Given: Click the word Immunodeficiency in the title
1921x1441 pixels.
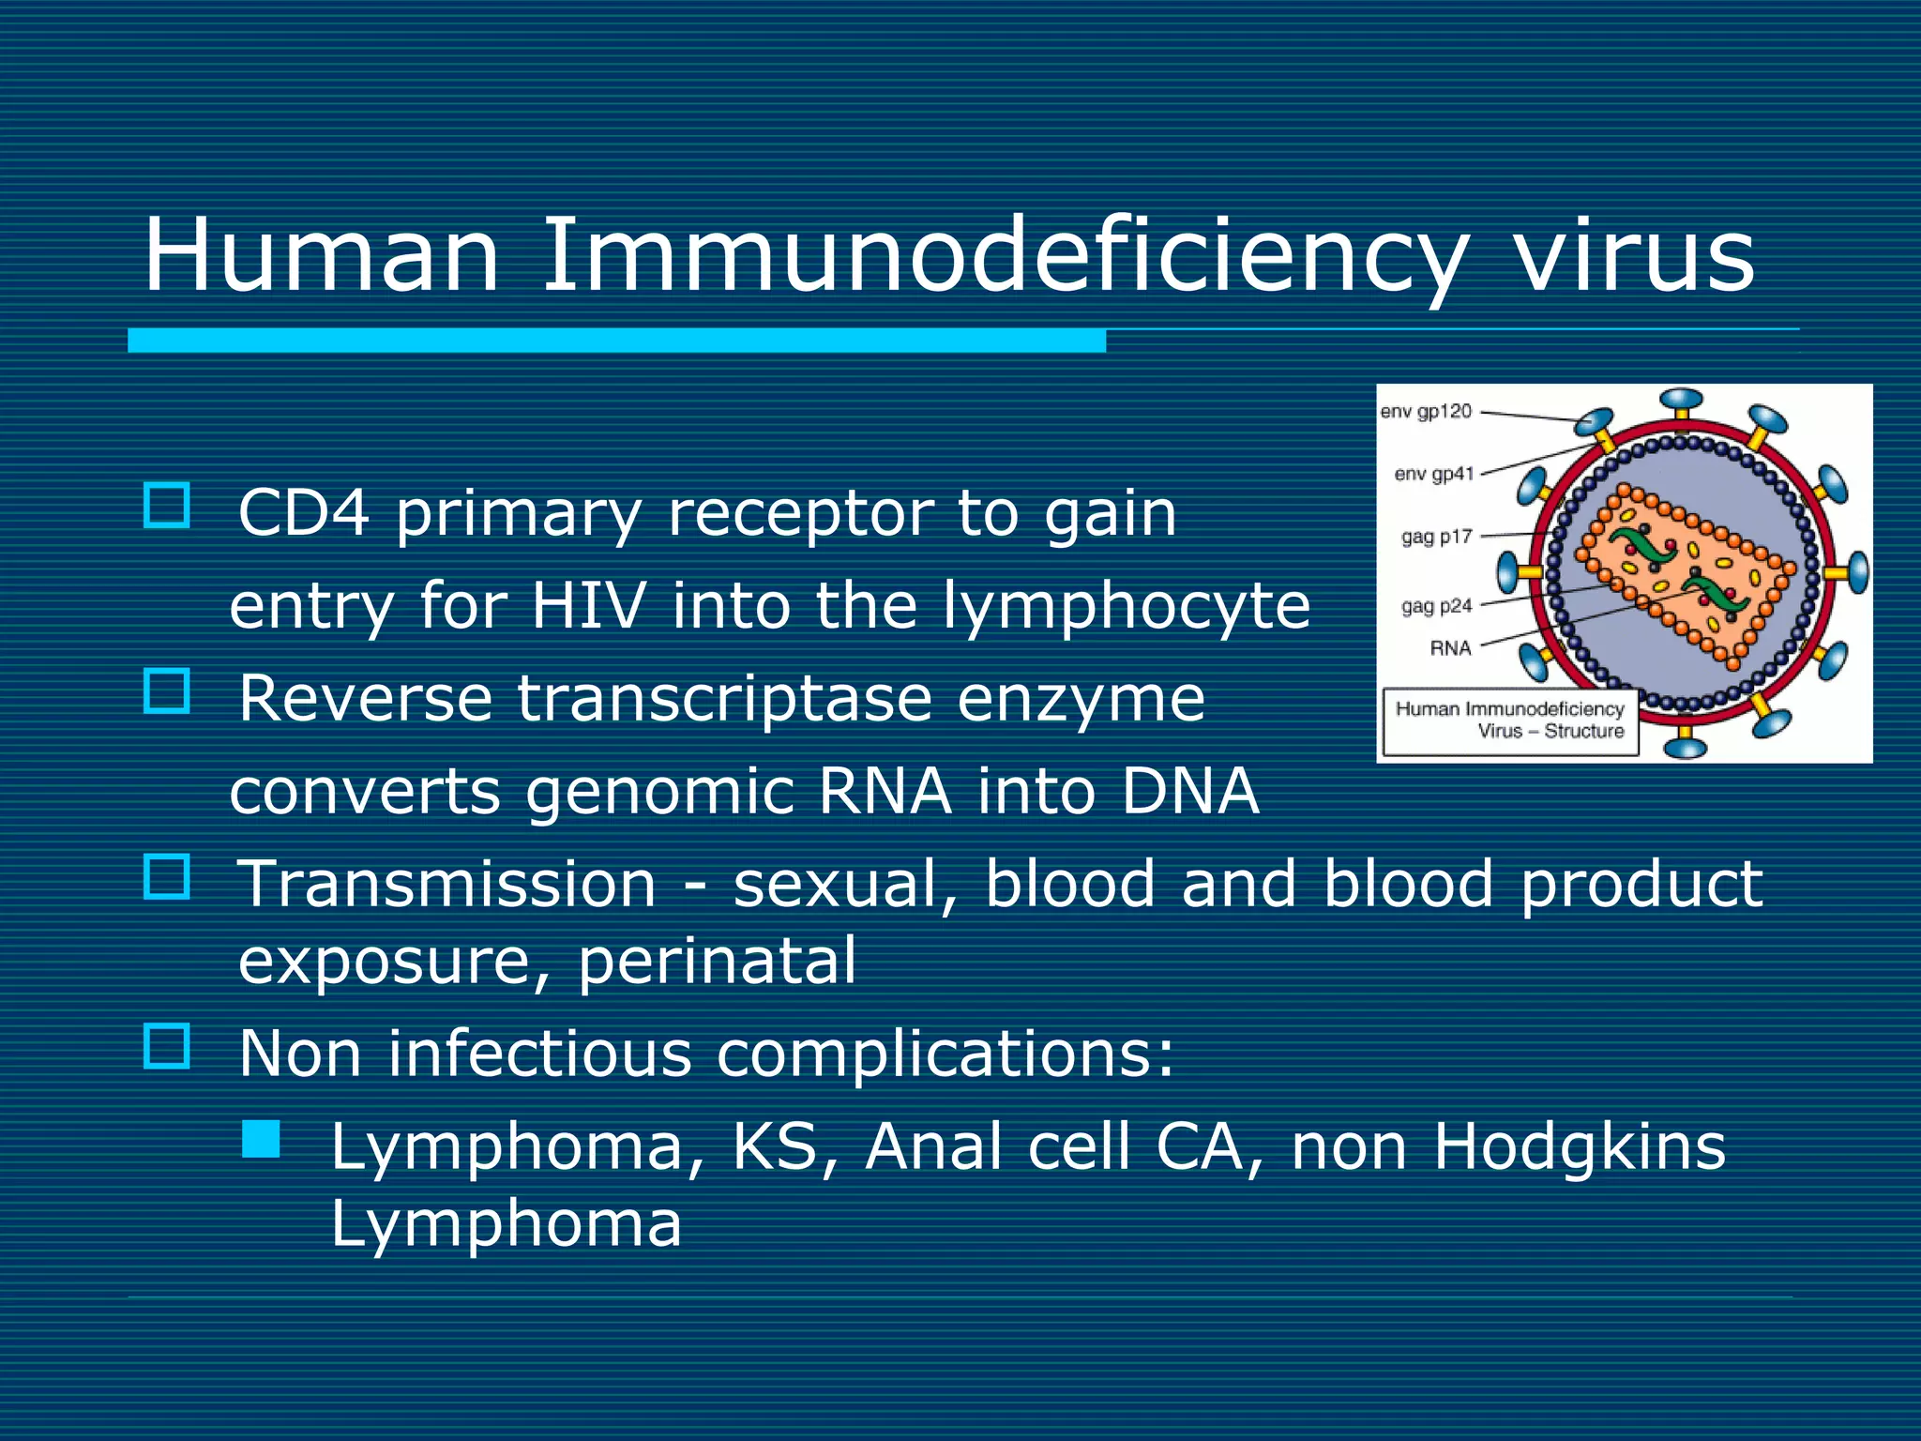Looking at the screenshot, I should point(1004,255).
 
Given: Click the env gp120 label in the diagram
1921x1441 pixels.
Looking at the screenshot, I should point(1426,411).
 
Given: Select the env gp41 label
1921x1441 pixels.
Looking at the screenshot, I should point(1433,474).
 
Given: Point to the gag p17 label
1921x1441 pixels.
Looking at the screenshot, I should point(1436,537).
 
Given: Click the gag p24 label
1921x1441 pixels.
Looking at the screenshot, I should point(1436,606).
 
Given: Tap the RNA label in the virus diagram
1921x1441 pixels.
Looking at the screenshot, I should point(1450,647).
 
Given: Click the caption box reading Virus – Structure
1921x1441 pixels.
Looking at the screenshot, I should point(1510,720).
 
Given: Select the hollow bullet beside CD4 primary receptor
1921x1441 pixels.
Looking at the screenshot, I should point(167,506).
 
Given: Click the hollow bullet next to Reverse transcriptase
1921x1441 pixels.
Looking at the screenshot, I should point(167,690).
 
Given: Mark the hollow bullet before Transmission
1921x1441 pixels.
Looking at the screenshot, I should point(167,876).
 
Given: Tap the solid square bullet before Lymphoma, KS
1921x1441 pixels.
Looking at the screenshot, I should point(261,1139).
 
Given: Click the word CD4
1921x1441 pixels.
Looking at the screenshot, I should point(303,513).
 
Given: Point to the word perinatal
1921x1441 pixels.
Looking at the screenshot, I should point(717,961).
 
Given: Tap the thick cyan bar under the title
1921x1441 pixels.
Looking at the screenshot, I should point(616,341).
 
